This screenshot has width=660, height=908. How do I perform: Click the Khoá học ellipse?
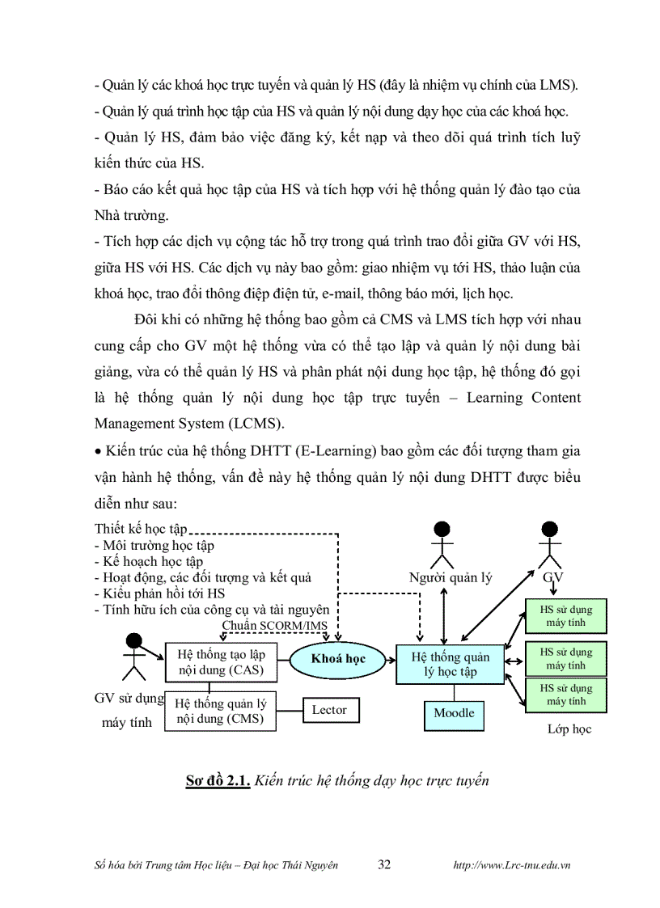(x=338, y=658)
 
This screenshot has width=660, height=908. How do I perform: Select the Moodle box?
(x=454, y=714)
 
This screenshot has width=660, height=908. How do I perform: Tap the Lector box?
(x=329, y=710)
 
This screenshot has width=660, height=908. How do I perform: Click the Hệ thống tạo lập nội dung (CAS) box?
(x=221, y=661)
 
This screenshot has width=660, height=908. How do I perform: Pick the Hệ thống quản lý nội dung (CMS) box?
(x=221, y=711)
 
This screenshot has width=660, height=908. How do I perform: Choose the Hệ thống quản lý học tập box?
(x=450, y=664)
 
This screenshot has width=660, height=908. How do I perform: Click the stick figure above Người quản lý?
(x=441, y=545)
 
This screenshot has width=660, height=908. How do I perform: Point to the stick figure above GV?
(x=550, y=545)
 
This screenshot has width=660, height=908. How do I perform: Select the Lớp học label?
(x=569, y=729)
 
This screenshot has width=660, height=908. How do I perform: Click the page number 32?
(x=384, y=864)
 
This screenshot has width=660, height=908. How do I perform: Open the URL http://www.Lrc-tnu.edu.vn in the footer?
(x=512, y=865)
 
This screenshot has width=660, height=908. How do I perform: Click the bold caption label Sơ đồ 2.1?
(x=216, y=781)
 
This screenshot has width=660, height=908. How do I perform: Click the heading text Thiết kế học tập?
(x=140, y=529)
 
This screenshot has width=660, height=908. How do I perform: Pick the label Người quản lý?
(x=451, y=577)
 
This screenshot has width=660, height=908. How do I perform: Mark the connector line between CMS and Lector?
(x=290, y=710)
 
